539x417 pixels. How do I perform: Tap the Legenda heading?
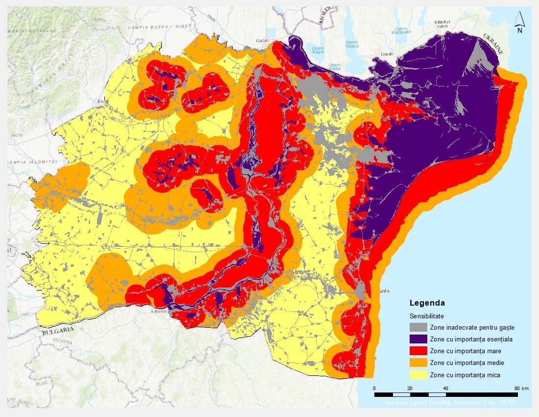[427, 303]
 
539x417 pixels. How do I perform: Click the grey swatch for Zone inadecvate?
[418, 327]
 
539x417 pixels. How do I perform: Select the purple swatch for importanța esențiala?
[418, 339]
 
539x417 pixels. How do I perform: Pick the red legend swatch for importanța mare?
[418, 351]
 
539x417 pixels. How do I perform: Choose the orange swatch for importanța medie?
[418, 363]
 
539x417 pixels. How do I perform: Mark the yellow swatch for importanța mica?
[418, 375]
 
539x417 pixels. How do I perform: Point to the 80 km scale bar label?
[520, 388]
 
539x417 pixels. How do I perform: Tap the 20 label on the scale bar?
[410, 388]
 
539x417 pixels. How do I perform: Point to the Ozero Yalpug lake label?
[352, 45]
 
